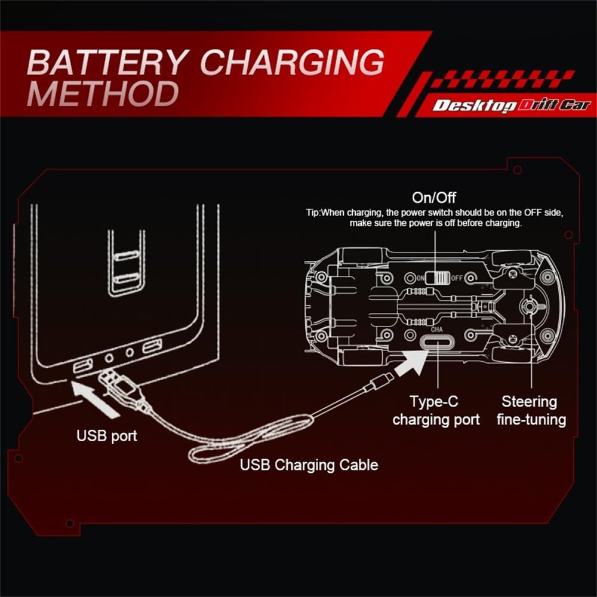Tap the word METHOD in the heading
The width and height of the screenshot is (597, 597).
coord(103,94)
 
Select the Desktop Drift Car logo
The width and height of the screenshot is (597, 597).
coord(511,106)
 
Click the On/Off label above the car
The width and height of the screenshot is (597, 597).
coord(434,198)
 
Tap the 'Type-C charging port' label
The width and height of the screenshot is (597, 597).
coord(436,410)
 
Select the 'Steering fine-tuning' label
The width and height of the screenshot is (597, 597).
coord(531,410)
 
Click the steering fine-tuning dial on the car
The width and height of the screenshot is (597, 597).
coord(528,307)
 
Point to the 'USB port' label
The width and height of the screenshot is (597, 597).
coord(107,435)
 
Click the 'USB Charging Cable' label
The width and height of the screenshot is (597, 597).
coord(309,464)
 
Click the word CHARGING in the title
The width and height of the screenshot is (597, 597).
coord(293,61)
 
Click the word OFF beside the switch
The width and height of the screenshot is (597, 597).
coord(457,278)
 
